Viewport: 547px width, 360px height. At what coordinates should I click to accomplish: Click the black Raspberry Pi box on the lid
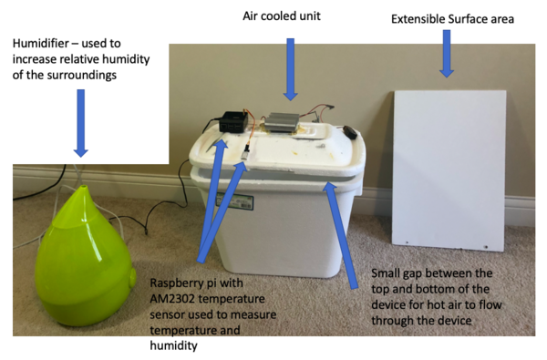232,122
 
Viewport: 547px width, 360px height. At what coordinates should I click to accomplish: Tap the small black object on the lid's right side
349,131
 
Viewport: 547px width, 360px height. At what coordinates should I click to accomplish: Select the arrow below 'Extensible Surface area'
447,53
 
